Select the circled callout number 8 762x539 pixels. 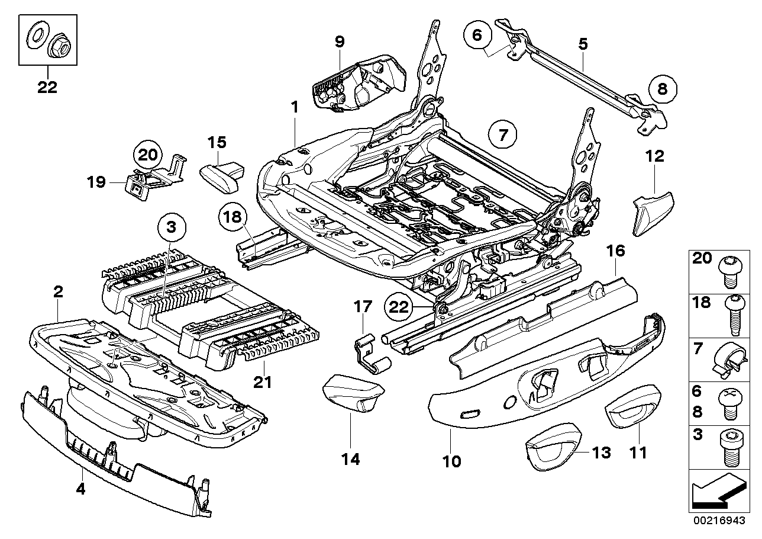[661, 89]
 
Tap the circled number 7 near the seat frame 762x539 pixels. [502, 134]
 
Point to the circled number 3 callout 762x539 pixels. [171, 227]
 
